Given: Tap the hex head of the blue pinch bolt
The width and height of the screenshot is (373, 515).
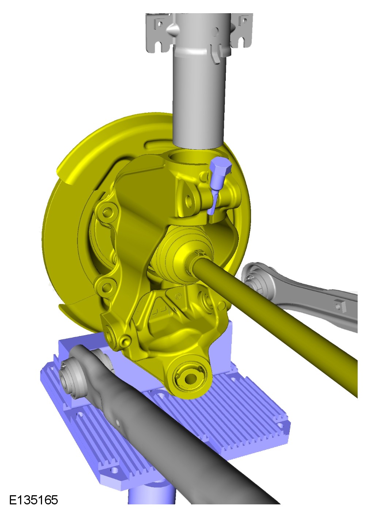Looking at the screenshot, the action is pyautogui.click(x=221, y=166).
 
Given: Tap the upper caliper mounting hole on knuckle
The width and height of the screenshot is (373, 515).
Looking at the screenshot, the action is pyautogui.click(x=107, y=212).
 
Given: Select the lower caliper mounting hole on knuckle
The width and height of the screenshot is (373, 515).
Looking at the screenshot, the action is pyautogui.click(x=106, y=287).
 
